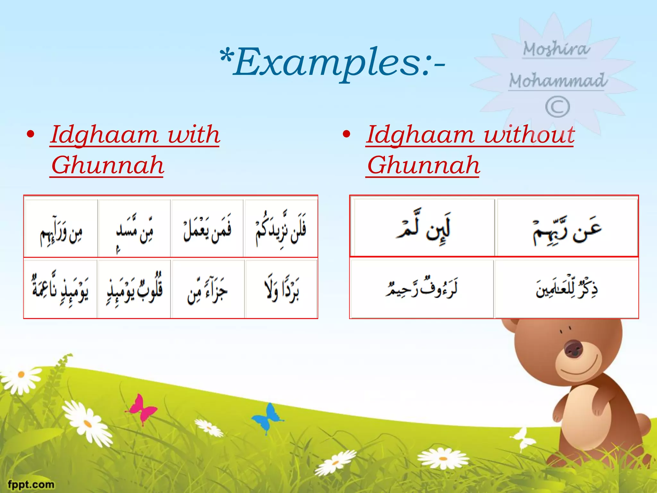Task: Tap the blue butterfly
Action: point(268,417)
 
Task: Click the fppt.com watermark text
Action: point(31,484)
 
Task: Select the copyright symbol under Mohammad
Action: point(558,107)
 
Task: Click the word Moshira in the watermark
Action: point(556,49)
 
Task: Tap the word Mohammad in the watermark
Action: point(558,80)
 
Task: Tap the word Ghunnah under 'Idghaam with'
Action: point(107,165)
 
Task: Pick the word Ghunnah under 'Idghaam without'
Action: point(423,165)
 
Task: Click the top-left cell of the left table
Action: point(61,228)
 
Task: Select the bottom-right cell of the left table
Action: point(281,289)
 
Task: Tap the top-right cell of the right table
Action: point(567,228)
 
